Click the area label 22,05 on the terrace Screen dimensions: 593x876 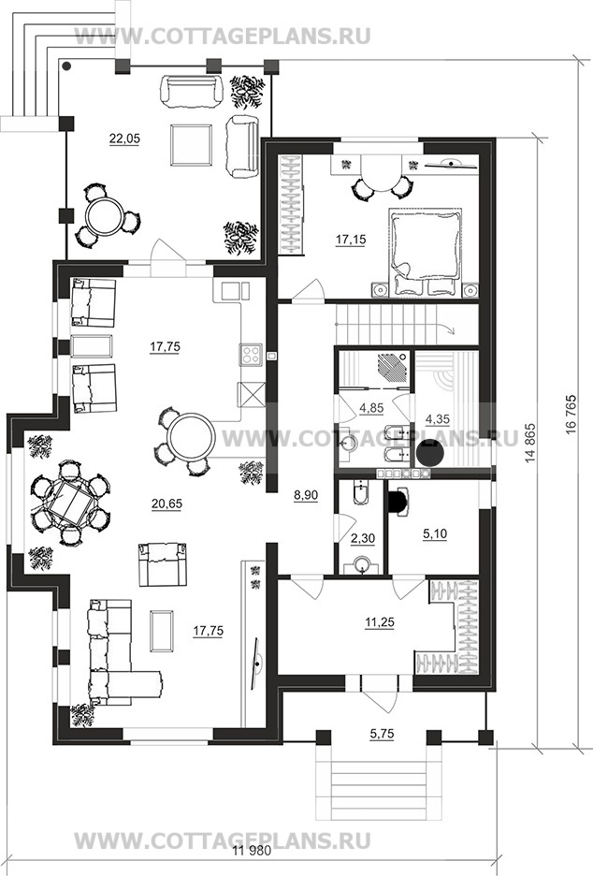coord(124,139)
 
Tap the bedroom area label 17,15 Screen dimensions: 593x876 coord(351,240)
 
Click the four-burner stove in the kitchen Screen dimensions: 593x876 coord(251,354)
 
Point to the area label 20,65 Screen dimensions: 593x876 coord(166,504)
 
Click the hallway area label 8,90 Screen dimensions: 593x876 coord(306,494)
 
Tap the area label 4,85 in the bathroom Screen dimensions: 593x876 coord(371,408)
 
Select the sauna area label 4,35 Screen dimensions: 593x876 coord(438,418)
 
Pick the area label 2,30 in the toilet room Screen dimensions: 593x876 coord(362,538)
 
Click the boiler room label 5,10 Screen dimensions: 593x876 coord(435,534)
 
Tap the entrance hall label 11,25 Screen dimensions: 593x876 coord(379,621)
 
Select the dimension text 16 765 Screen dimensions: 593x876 coord(571,412)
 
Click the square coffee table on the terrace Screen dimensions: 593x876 coord(192,145)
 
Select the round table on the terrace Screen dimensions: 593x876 coord(106,217)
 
